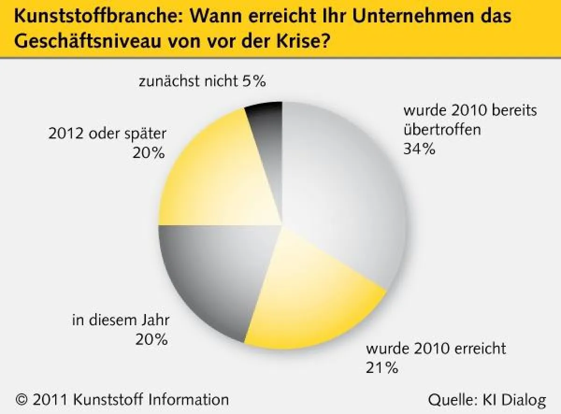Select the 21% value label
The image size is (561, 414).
(x=382, y=368)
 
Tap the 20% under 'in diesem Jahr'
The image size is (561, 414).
(x=151, y=340)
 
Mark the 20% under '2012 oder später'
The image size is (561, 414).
(x=149, y=153)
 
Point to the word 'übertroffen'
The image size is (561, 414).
(x=442, y=129)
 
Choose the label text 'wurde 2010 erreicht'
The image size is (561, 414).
(x=436, y=349)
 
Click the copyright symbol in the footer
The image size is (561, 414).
(x=21, y=400)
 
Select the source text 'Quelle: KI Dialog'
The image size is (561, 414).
(x=487, y=400)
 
